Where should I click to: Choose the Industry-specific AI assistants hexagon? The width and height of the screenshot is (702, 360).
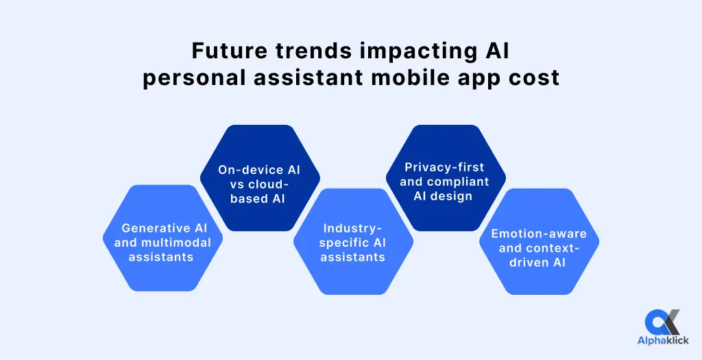point(352,241)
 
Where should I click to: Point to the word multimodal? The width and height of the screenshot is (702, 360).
point(180,243)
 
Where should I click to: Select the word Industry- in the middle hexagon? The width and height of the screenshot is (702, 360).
point(352,228)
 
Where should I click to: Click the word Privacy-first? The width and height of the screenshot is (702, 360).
point(444,167)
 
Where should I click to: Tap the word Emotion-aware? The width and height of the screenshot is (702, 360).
point(538,234)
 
